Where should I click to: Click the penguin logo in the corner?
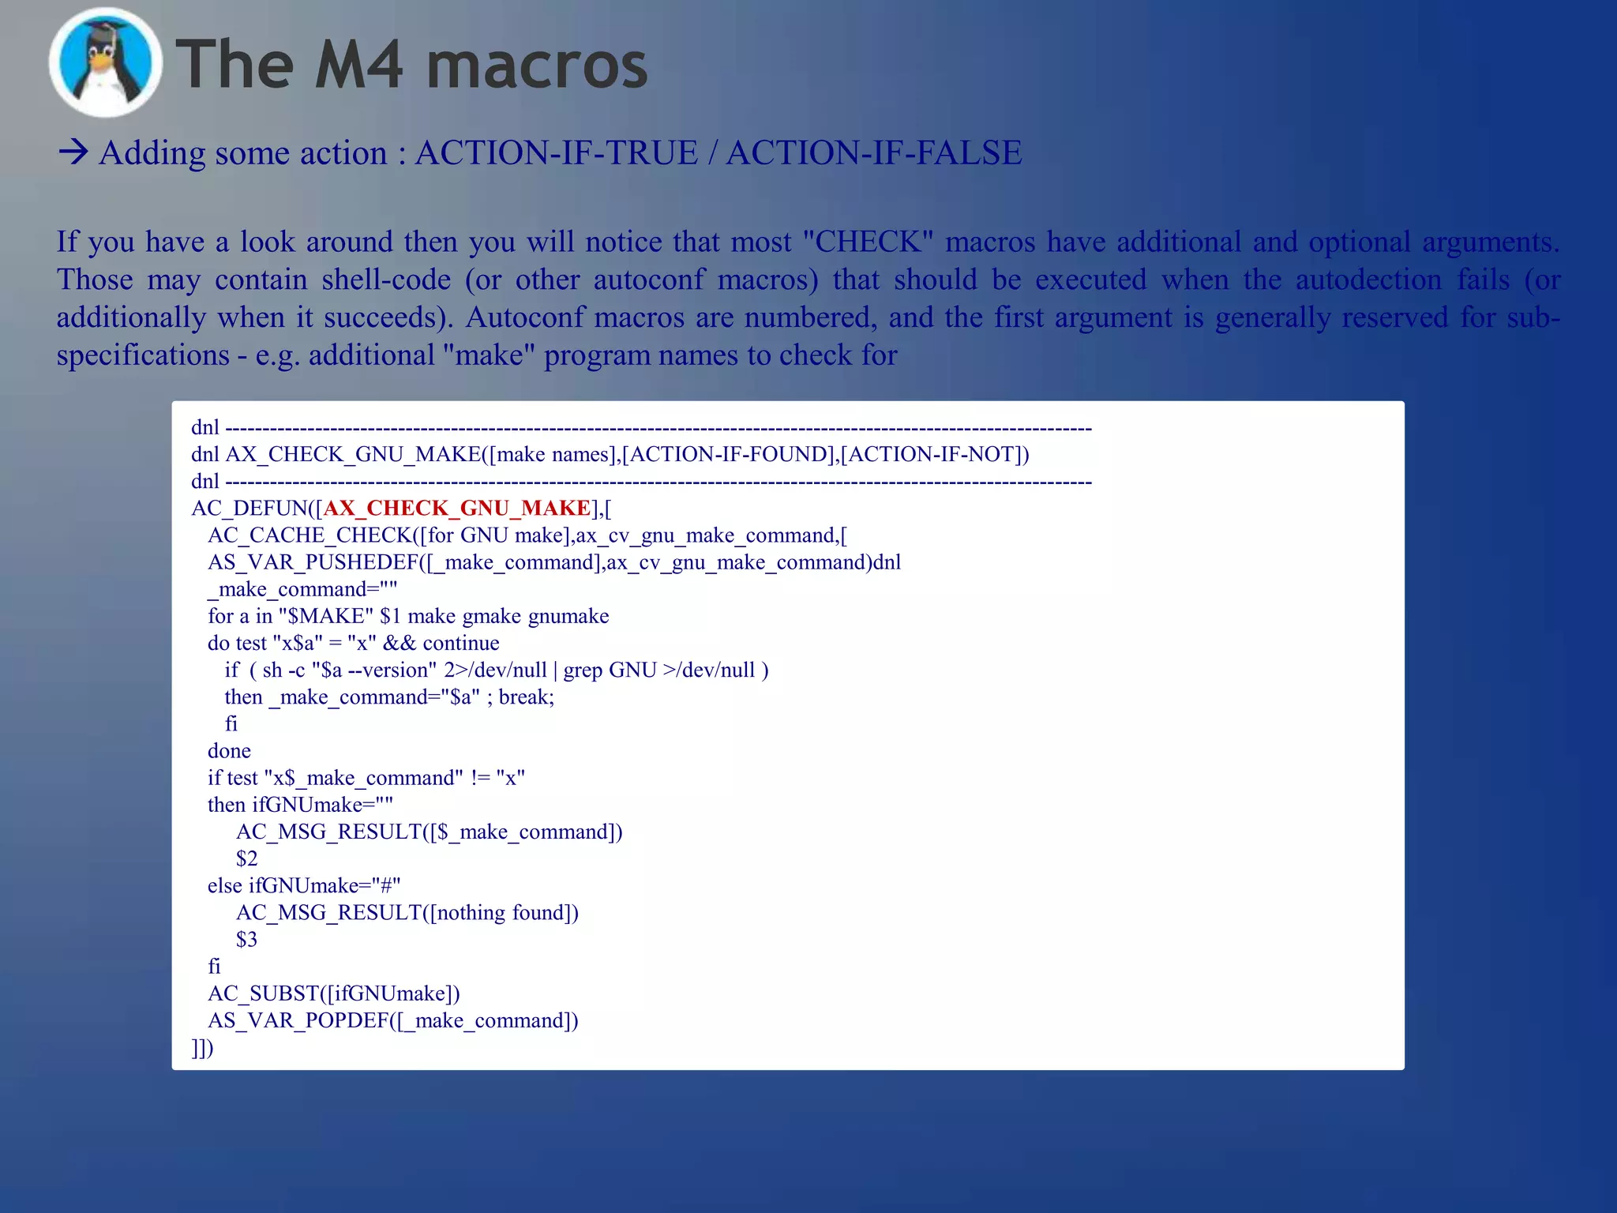tap(105, 63)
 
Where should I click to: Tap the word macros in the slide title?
tap(537, 65)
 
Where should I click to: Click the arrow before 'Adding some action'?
tap(73, 152)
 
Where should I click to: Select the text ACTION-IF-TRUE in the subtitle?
tap(557, 152)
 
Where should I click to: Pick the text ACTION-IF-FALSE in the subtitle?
tap(874, 152)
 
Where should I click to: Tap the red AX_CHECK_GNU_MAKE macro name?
tap(457, 508)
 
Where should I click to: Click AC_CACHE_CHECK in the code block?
tap(310, 535)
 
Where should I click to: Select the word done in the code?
tap(229, 751)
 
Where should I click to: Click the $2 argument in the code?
tap(246, 858)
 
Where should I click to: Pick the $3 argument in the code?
tap(246, 940)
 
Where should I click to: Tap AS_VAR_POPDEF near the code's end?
tap(298, 1020)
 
